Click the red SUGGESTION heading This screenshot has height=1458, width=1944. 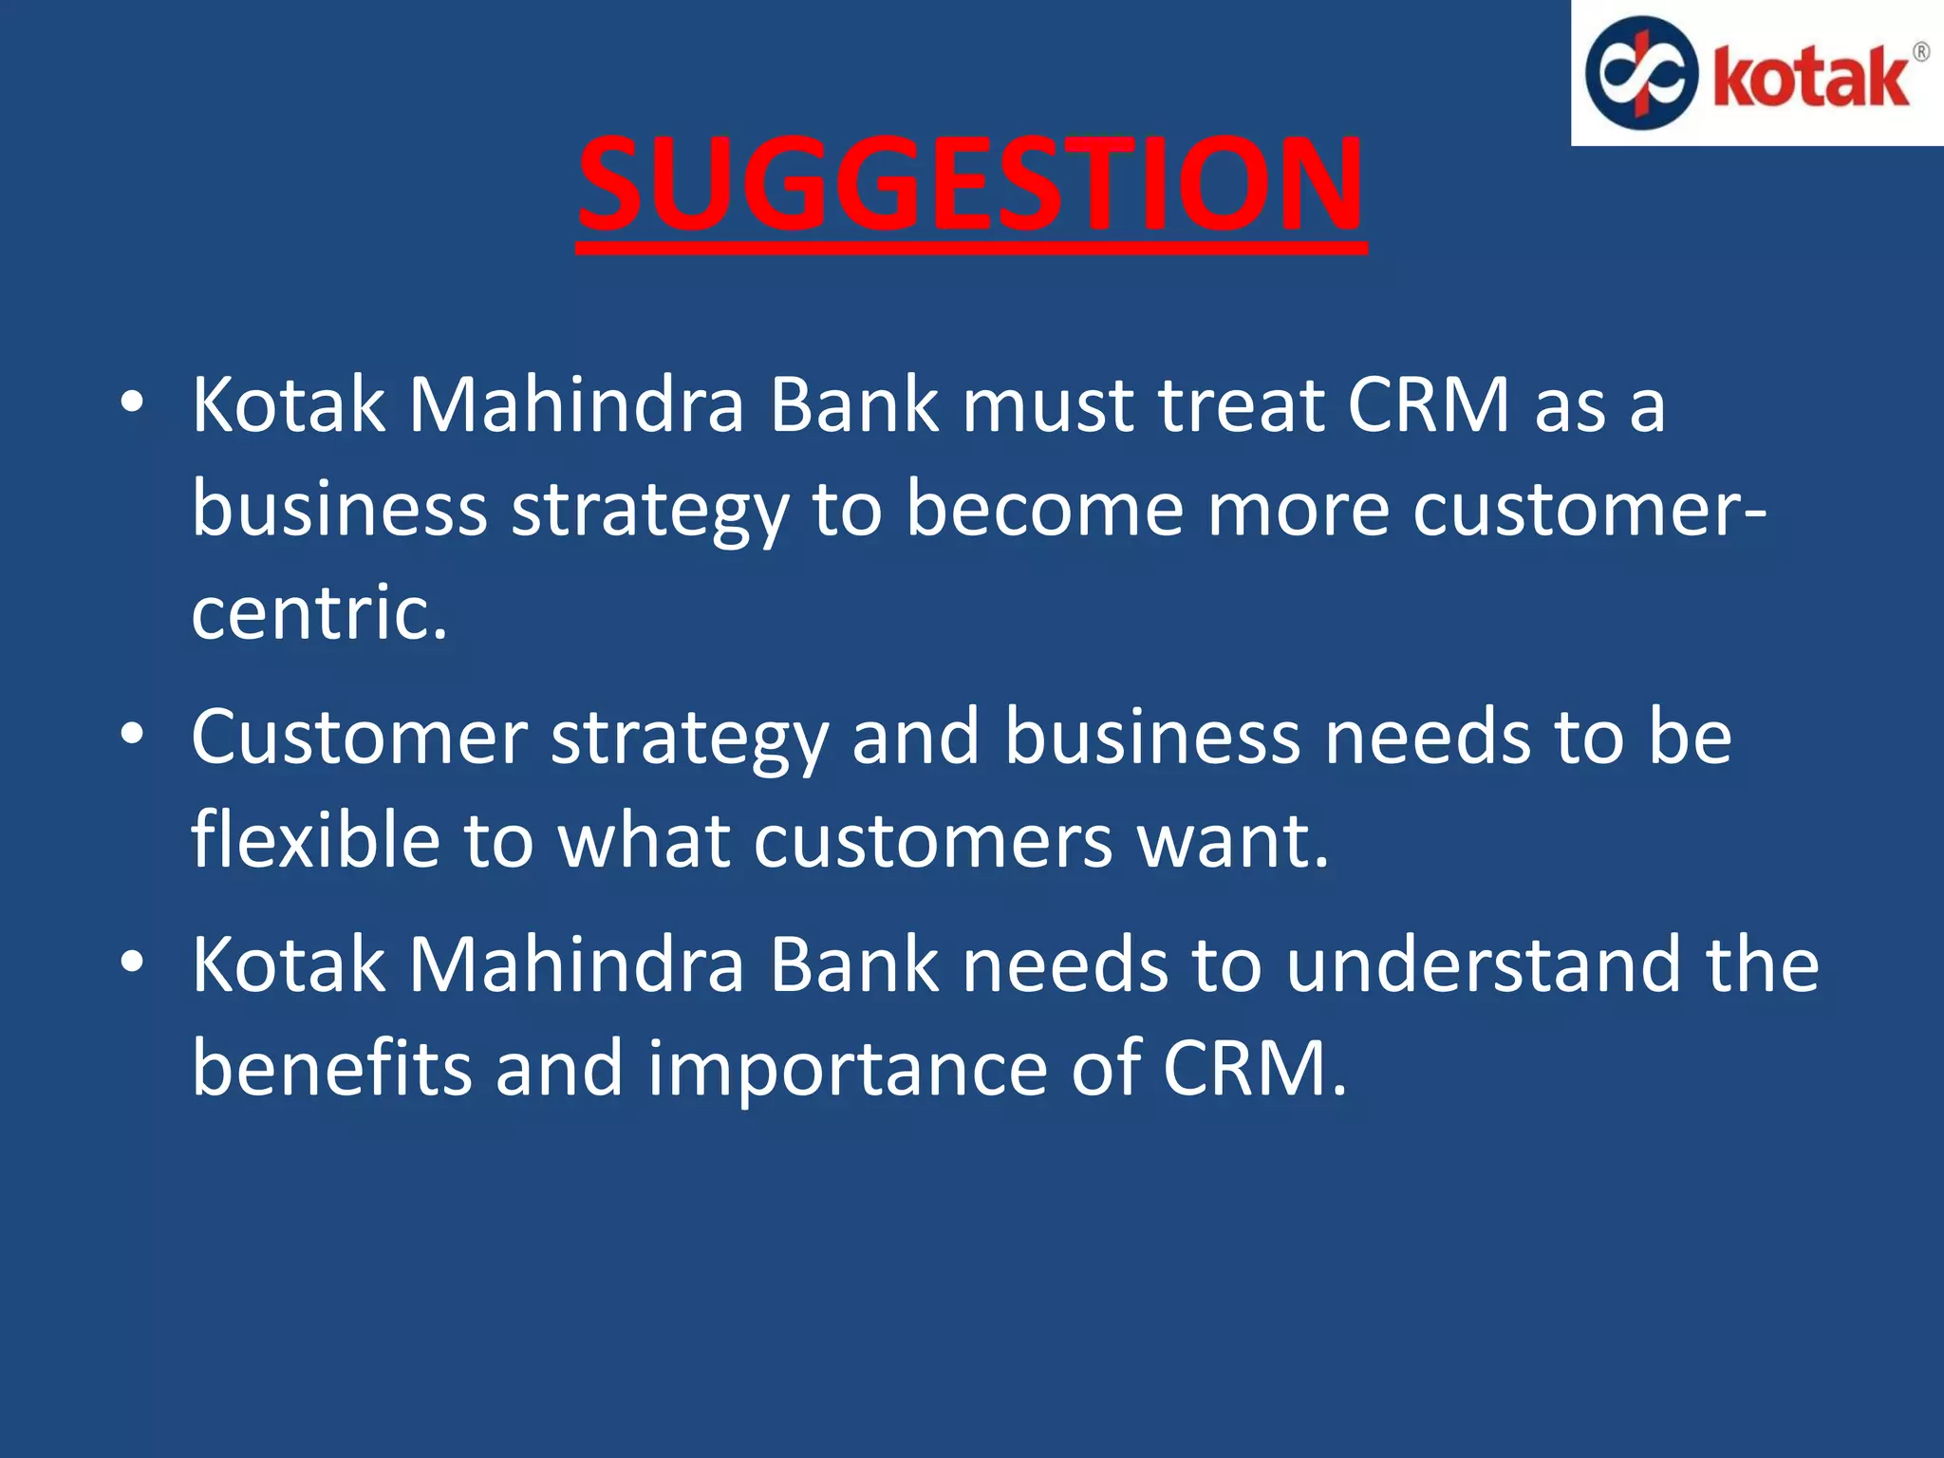pos(970,185)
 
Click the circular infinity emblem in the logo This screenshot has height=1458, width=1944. pos(1641,73)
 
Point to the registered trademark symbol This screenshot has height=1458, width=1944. pos(1920,52)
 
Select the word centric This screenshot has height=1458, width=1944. pos(319,613)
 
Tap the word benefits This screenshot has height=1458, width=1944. pos(331,1069)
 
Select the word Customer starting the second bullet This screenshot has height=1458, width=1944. pos(359,738)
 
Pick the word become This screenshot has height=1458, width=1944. pos(1044,509)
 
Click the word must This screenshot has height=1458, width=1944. pos(1048,407)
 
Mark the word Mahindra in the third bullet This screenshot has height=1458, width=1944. pos(576,965)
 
